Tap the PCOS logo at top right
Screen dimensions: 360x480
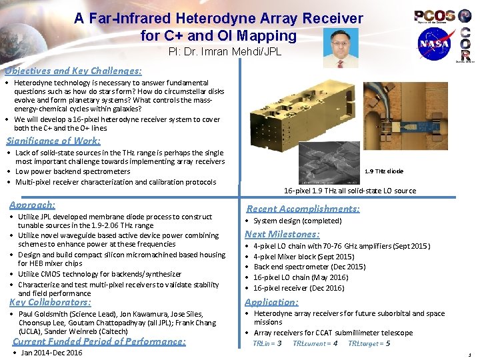(435, 15)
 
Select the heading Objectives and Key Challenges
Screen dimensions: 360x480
(73, 71)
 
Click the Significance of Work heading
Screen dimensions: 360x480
(53, 141)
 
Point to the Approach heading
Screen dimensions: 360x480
(32, 205)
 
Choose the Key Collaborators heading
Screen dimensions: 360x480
(51, 302)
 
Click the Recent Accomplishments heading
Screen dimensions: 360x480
(303, 209)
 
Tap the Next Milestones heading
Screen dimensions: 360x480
(282, 234)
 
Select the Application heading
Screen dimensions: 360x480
(271, 301)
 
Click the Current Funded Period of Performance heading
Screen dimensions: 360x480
(99, 341)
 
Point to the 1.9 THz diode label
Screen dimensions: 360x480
(384, 171)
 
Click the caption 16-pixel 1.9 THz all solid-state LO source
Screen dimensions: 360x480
(350, 191)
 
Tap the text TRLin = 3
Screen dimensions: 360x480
(267, 343)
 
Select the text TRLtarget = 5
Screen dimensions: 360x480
(369, 343)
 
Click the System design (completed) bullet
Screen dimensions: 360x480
(297, 221)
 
